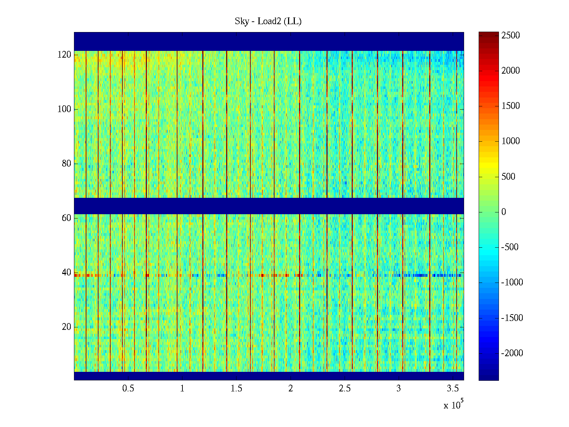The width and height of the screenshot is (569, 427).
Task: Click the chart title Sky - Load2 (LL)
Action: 268,21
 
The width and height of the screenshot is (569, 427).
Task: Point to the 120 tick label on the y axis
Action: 64,55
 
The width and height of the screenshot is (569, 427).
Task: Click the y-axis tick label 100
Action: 64,109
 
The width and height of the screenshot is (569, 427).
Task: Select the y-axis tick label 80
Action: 67,164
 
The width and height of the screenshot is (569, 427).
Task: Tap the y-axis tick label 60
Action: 67,218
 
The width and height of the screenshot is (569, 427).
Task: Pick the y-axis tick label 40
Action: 67,273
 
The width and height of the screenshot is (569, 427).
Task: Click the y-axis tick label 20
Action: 67,327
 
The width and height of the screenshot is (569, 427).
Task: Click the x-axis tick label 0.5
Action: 128,389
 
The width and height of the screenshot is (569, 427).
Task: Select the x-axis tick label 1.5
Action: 236,389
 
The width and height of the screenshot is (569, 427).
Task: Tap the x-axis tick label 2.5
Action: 345,389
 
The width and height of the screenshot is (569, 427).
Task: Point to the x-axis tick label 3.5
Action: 453,389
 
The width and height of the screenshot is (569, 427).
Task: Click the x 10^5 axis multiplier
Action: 453,405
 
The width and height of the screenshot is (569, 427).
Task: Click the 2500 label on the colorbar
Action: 511,36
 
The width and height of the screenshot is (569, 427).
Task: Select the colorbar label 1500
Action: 511,106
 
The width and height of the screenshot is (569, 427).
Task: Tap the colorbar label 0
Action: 504,212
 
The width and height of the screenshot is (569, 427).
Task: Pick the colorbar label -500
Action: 510,247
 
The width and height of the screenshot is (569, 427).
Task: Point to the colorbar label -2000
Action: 512,353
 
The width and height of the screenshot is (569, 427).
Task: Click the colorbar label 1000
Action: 511,141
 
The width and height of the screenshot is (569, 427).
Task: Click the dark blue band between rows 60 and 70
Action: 269,206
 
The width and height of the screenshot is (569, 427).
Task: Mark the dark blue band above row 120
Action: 269,41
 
